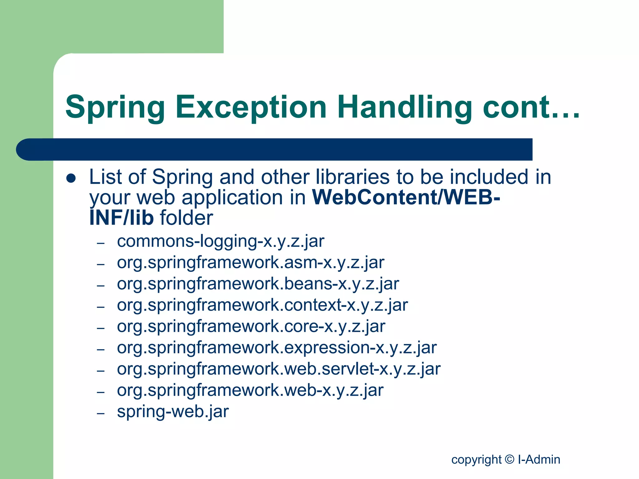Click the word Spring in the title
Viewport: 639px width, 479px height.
coord(115,108)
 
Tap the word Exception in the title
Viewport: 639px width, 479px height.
coord(251,108)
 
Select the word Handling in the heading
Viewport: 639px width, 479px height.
coord(404,108)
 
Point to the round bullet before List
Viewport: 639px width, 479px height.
coord(71,178)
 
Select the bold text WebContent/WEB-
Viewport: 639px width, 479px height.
coord(406,197)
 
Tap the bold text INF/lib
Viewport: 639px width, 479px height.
coord(121,218)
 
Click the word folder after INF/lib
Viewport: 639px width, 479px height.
coord(186,218)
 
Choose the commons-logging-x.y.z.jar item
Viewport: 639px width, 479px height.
coord(220,241)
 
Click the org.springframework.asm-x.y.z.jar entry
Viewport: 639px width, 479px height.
coord(250,263)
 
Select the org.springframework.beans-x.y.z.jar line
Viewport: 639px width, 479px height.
coord(258,284)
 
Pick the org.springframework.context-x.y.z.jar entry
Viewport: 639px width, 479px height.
coord(262,305)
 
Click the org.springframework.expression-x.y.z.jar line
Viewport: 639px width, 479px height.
coord(276,348)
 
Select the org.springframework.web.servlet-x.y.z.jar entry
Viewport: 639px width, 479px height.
coord(278,369)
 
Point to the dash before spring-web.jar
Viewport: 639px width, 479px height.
coord(100,414)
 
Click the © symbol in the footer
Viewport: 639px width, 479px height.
coord(509,459)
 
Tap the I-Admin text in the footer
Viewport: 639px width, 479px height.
coord(539,459)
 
